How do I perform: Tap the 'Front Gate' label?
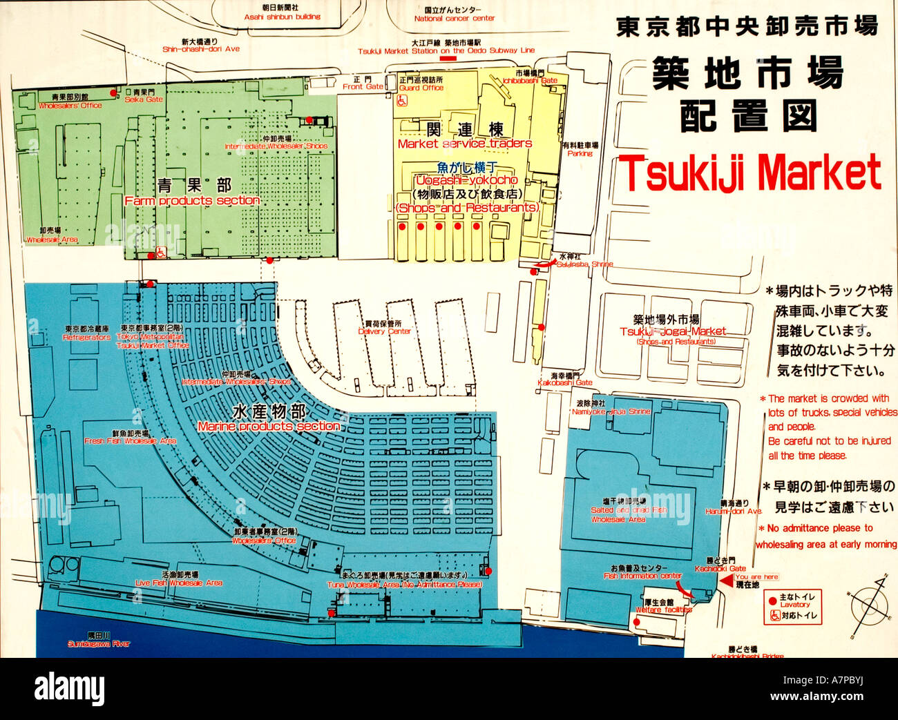coord(363,87)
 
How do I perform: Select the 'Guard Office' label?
coord(421,88)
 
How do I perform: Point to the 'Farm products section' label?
coord(192,201)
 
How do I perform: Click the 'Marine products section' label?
coord(269,427)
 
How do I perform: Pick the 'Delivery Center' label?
coord(384,331)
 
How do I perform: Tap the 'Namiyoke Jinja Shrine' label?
coord(611,411)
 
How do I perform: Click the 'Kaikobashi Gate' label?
coord(565,382)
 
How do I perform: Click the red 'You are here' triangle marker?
coord(726,581)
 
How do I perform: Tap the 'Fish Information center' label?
coord(642,576)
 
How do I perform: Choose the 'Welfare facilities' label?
coord(663,610)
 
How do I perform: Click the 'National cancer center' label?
coord(454,19)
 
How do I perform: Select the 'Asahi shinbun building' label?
coord(282,17)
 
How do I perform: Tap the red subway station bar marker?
coord(448,59)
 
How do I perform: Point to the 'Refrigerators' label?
coord(86,338)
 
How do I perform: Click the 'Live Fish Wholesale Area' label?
coord(179,583)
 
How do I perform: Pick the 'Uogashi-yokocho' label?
coord(466,180)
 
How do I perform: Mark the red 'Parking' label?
coord(580,153)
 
